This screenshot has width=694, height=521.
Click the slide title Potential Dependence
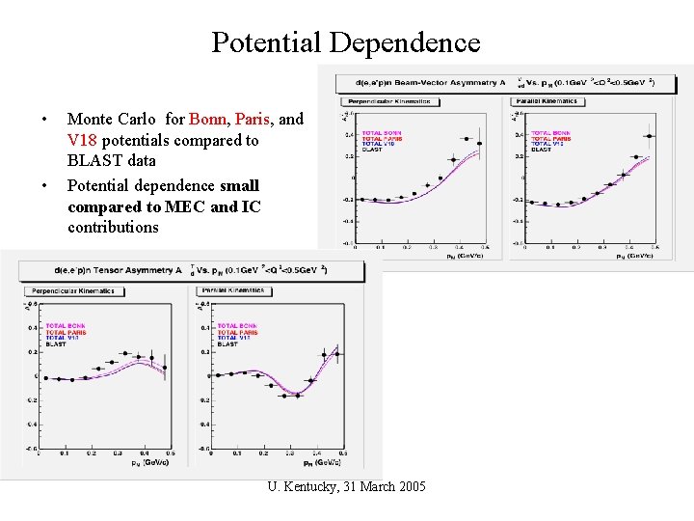(345, 42)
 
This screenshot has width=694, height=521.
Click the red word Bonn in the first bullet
(208, 120)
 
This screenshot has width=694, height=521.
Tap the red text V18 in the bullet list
(84, 141)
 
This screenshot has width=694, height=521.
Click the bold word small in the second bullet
(239, 184)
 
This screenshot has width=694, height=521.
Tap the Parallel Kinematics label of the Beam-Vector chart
(547, 101)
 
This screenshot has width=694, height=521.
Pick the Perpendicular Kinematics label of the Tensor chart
(72, 290)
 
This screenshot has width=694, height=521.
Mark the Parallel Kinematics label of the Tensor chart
(236, 290)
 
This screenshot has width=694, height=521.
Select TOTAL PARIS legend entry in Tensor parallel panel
(237, 332)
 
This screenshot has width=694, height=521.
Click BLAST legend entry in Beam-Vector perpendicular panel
(372, 150)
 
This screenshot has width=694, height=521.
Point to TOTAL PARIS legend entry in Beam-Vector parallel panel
(550, 138)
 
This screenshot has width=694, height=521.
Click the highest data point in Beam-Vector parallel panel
(650, 136)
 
